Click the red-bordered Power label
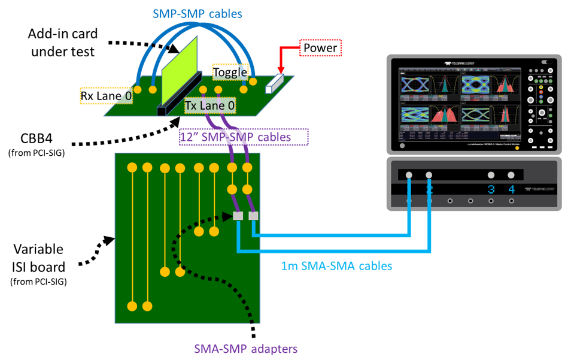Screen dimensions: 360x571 (x=320, y=48)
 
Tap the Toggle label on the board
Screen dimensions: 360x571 (x=230, y=72)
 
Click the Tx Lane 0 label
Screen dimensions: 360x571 (x=209, y=105)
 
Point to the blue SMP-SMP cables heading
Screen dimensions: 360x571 (x=196, y=12)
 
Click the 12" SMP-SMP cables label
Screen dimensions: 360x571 (x=244, y=137)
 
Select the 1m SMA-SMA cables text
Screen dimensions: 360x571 (x=336, y=265)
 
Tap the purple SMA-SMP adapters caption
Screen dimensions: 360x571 (x=245, y=348)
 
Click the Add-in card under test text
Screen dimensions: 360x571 (x=62, y=44)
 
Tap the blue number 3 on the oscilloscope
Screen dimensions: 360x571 (x=491, y=190)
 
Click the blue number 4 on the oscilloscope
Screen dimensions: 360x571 (x=511, y=190)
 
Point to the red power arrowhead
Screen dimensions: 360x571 (x=280, y=69)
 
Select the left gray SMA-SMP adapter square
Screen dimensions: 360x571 (x=238, y=216)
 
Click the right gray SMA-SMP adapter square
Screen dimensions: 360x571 (x=253, y=216)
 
